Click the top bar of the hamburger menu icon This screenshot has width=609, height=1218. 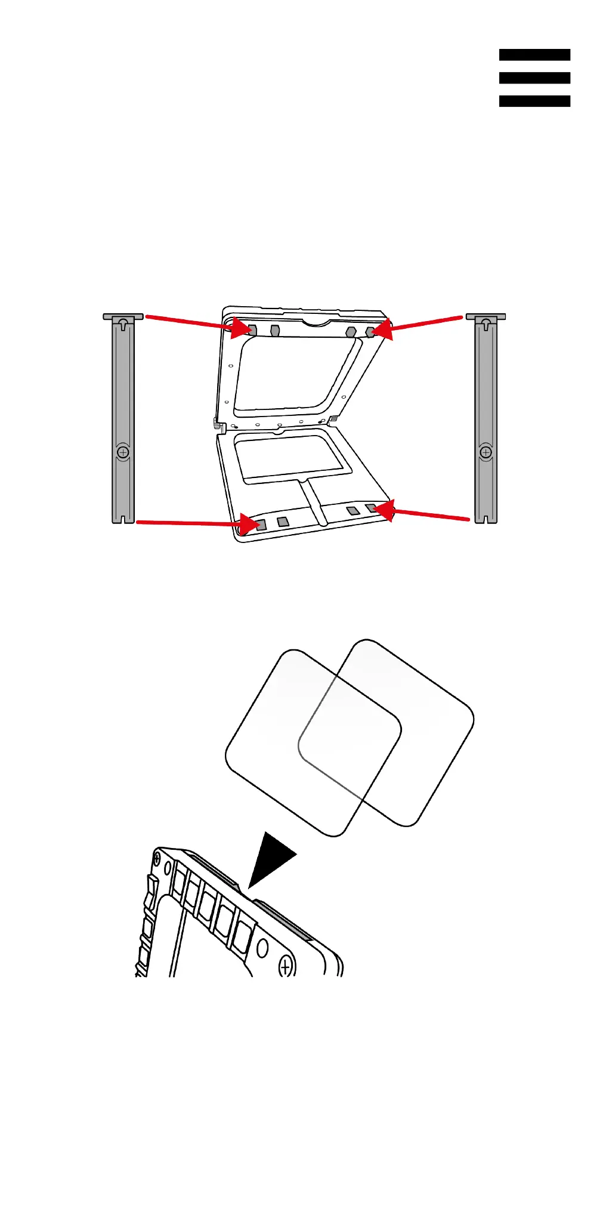tap(534, 55)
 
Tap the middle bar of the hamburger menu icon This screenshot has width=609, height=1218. tap(534, 78)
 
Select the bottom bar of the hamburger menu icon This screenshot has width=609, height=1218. tap(534, 101)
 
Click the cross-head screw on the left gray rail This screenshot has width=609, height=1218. tap(123, 452)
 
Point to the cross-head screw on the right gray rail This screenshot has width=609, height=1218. tap(486, 452)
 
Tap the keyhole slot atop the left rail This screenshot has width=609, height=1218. tap(123, 324)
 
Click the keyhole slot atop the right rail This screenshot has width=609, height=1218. tap(486, 324)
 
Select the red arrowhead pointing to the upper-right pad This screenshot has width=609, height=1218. tap(382, 329)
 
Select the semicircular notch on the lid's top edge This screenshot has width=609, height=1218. tap(316, 322)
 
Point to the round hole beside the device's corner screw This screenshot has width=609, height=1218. tap(261, 948)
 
